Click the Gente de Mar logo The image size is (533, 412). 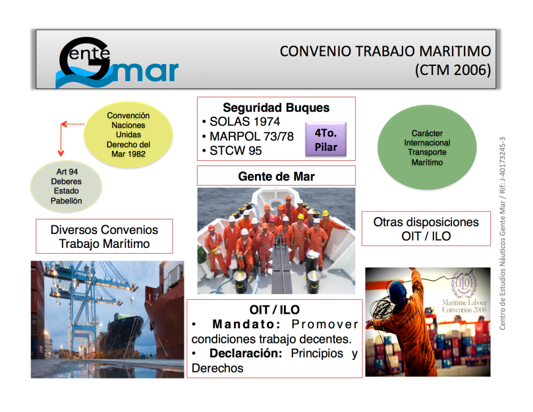pos(116,63)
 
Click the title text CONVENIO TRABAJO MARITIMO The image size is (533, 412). pos(385,51)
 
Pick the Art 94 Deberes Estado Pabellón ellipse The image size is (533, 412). pos(67,186)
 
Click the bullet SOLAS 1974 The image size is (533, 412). pos(244,122)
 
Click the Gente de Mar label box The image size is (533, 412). pos(276,176)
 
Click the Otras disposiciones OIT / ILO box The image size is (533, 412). pos(426,229)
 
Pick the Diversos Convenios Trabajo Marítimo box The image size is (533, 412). pos(104,237)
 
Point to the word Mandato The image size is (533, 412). pos(246,324)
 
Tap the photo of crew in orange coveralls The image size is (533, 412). pos(276,240)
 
